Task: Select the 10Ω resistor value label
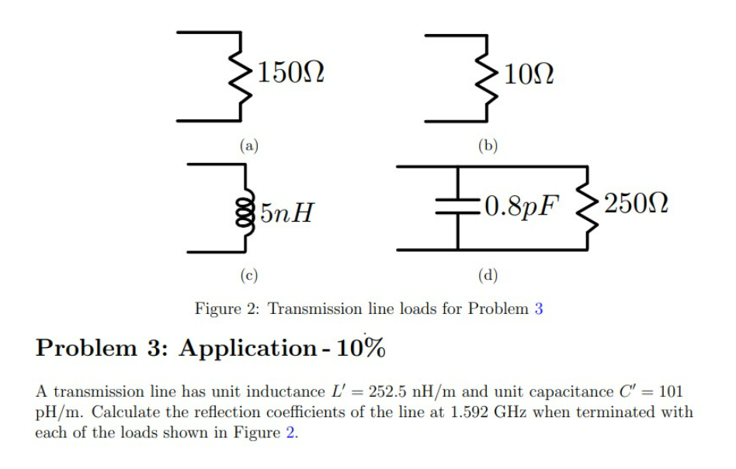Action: coord(528,75)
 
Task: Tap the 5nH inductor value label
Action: coord(288,209)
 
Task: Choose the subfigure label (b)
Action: coord(488,144)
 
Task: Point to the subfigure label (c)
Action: coord(248,274)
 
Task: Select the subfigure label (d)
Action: coord(488,274)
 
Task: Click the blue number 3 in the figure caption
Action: coord(539,309)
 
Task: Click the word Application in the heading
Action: coord(247,348)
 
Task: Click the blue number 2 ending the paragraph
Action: coord(290,432)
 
